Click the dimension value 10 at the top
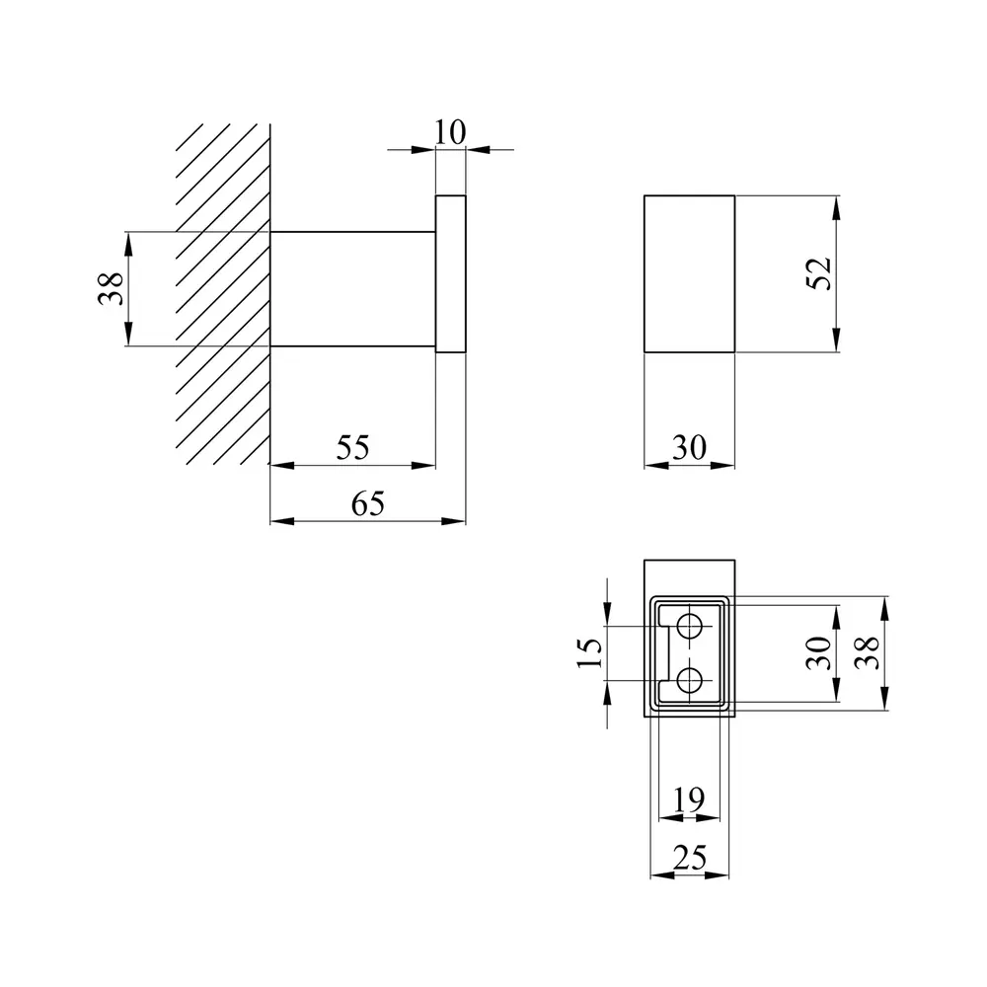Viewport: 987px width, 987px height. click(x=449, y=132)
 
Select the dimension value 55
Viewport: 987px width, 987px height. click(x=352, y=447)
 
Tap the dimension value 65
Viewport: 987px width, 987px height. click(x=367, y=503)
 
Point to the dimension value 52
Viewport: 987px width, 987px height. click(x=819, y=273)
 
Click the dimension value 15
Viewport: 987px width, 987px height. click(x=590, y=652)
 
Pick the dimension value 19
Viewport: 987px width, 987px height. click(x=689, y=800)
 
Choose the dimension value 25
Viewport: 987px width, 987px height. click(x=690, y=858)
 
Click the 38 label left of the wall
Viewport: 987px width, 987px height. click(x=111, y=289)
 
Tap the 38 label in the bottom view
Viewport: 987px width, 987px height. click(x=868, y=652)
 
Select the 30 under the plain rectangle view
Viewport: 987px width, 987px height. click(x=690, y=447)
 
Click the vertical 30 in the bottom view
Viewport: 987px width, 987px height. click(x=819, y=652)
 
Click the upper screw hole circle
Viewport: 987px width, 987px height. click(x=689, y=627)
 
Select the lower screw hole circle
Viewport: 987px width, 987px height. click(x=689, y=680)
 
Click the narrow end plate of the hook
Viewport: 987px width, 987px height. click(x=451, y=273)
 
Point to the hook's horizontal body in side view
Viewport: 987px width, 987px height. click(x=352, y=289)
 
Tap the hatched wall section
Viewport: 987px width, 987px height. click(x=223, y=294)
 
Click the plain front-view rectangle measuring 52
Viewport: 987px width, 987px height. click(x=689, y=273)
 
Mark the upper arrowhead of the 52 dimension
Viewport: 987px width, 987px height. click(x=836, y=207)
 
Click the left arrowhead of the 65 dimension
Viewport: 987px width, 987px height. click(x=282, y=521)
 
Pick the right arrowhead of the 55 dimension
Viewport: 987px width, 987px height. click(x=423, y=466)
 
